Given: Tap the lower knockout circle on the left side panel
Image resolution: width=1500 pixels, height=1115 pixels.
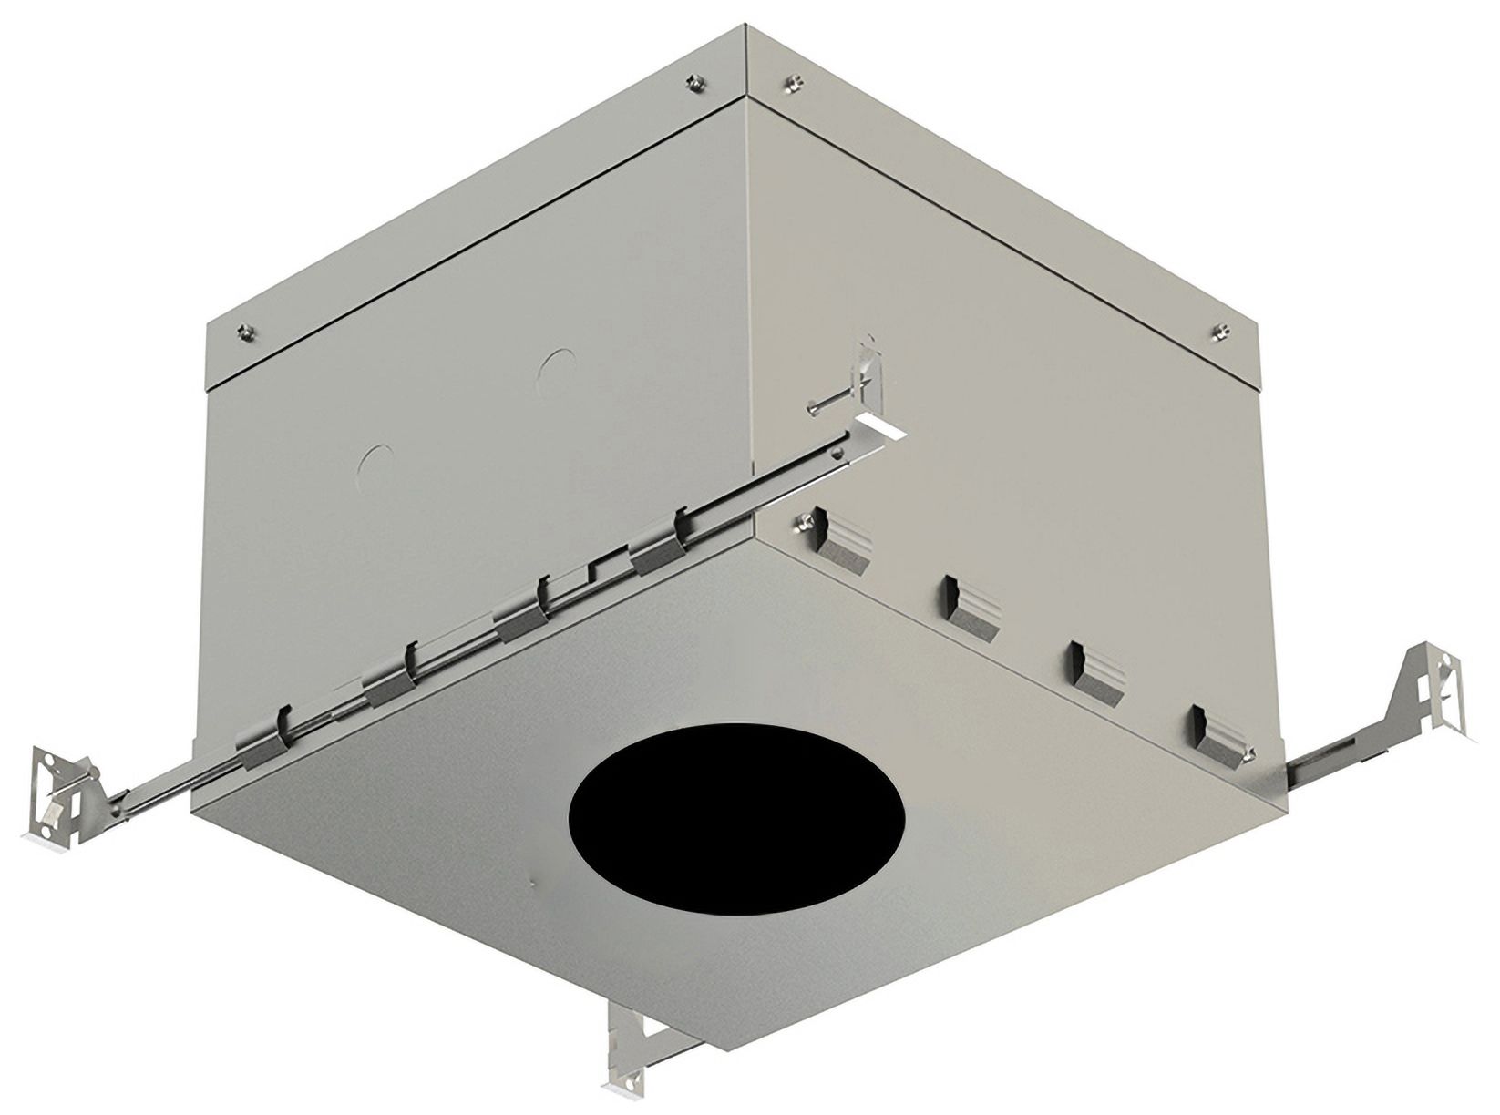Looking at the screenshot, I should tap(374, 464).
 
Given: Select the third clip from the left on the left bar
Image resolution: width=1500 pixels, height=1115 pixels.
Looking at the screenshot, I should tap(524, 613).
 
